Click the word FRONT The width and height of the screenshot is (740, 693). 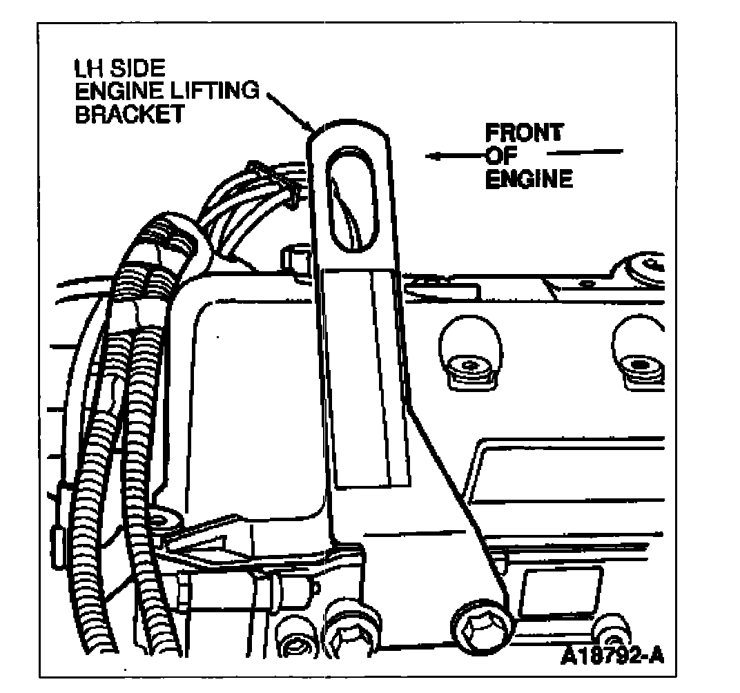[523, 133]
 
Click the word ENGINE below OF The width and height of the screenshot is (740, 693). [529, 179]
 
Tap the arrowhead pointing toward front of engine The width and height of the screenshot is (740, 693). [434, 157]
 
